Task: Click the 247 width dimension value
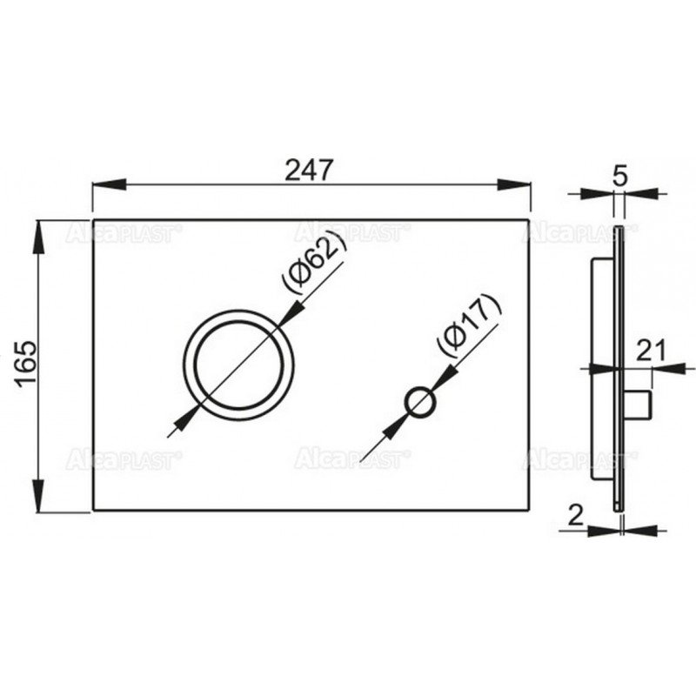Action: click(309, 170)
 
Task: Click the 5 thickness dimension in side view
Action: click(619, 175)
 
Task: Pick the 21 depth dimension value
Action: click(652, 351)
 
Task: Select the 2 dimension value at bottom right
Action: click(575, 516)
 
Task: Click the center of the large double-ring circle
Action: click(238, 365)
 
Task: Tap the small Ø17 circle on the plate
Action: click(420, 402)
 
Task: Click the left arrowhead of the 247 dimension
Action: click(109, 184)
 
